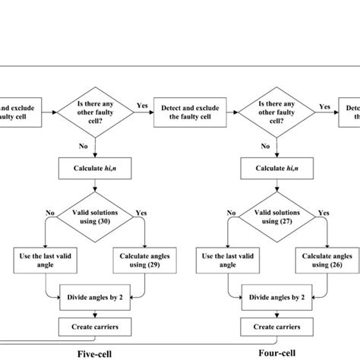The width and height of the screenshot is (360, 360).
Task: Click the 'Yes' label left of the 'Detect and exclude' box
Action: tap(141, 106)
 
